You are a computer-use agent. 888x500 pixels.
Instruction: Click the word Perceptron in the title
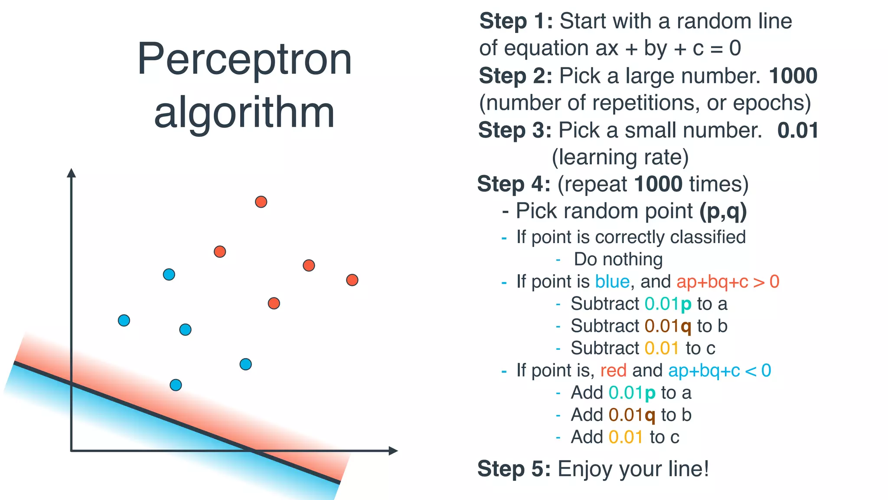click(244, 59)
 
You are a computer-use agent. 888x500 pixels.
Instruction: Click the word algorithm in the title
click(244, 112)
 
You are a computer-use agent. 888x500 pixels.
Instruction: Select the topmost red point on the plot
click(261, 202)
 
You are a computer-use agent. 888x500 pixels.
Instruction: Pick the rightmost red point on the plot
click(352, 280)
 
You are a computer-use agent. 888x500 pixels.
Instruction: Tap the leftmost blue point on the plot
click(124, 320)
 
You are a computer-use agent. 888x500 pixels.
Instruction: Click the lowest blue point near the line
click(176, 385)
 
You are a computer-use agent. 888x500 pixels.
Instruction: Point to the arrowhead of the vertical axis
click(72, 173)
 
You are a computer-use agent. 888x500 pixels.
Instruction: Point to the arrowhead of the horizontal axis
click(393, 451)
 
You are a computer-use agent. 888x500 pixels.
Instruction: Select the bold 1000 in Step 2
click(793, 76)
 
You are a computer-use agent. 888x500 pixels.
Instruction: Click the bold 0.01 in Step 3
click(798, 130)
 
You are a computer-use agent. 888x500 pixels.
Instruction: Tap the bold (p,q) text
click(723, 211)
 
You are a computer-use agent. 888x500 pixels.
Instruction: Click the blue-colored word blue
click(612, 282)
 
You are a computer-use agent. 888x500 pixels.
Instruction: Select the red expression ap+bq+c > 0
click(728, 282)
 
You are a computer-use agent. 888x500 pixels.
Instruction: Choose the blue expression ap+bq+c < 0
click(719, 371)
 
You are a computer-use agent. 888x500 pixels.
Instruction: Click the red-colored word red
click(613, 371)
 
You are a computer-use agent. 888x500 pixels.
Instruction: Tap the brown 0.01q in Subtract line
click(668, 326)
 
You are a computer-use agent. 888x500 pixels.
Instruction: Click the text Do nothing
click(618, 260)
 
